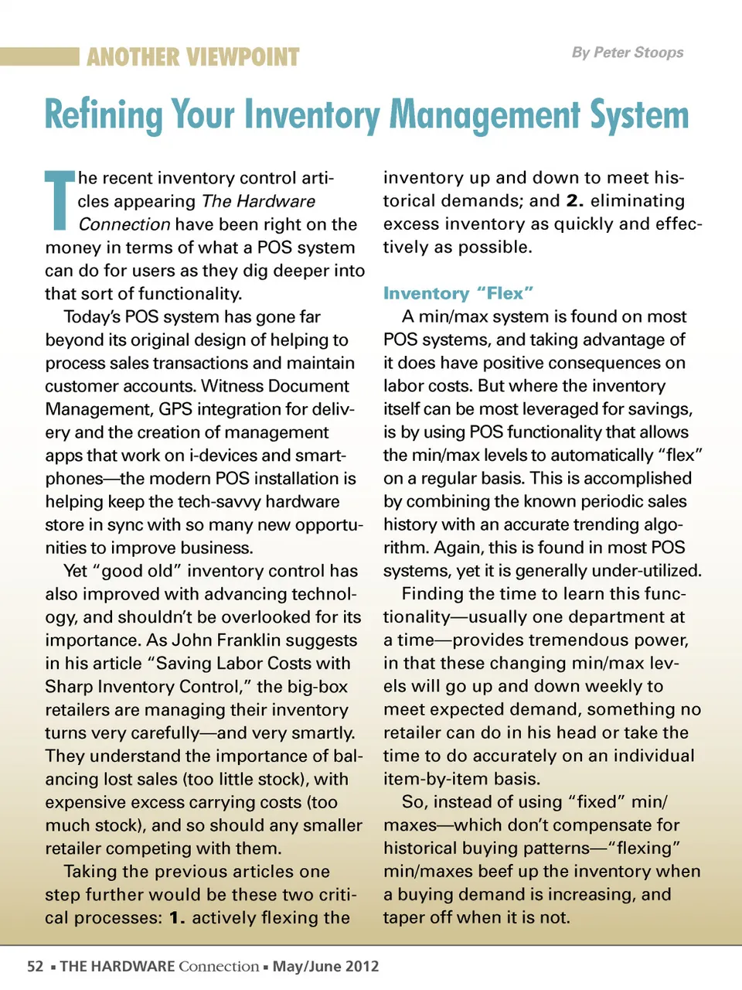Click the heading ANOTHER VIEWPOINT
point(192,57)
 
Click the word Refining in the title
point(103,114)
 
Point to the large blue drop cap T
point(59,200)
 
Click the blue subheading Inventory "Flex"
point(458,293)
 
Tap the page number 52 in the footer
point(36,966)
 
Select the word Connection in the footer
point(219,966)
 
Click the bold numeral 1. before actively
point(177,918)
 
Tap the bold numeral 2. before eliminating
point(574,201)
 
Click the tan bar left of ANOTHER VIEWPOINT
point(39,56)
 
